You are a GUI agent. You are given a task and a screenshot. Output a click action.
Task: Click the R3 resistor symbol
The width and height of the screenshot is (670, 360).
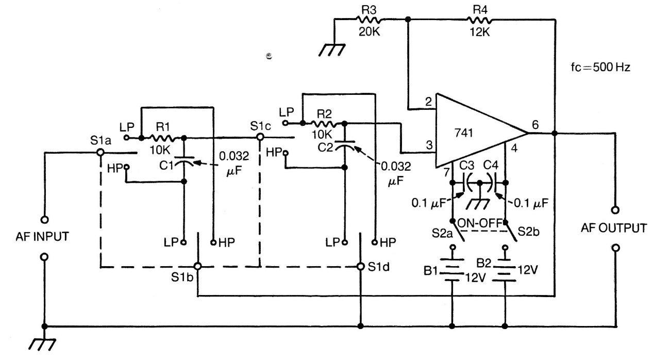coord(369,19)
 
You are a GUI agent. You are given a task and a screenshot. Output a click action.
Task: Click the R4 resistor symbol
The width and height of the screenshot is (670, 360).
coord(479,19)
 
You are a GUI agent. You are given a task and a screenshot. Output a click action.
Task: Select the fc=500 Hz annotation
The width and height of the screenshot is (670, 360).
coord(600,68)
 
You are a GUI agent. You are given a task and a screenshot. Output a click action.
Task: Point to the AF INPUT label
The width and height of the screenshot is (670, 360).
coord(43,237)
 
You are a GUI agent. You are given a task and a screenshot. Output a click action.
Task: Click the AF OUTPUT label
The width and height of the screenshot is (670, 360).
coord(614,228)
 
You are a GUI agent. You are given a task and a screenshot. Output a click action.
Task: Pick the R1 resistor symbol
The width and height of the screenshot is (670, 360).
coord(165,138)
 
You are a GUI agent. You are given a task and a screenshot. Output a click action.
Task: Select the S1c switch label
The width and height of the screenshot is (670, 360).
coord(260,125)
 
